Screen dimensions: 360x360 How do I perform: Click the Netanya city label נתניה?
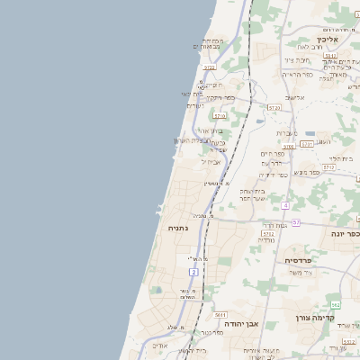pyautogui.click(x=178, y=228)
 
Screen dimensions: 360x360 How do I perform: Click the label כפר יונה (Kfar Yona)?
pyautogui.click(x=346, y=233)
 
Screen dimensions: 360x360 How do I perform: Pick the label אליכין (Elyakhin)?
pyautogui.click(x=327, y=40)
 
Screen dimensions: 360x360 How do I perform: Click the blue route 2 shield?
pyautogui.click(x=193, y=272)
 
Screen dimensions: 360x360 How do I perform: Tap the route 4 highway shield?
pyautogui.click(x=285, y=205)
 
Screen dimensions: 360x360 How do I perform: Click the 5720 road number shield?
pyautogui.click(x=209, y=67)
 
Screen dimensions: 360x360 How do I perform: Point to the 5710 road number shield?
pyautogui.click(x=220, y=116)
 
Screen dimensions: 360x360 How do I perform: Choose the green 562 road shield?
pyautogui.click(x=335, y=306)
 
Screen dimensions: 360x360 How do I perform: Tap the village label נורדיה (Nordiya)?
pyautogui.click(x=265, y=240)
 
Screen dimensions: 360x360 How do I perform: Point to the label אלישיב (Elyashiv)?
pyautogui.click(x=294, y=97)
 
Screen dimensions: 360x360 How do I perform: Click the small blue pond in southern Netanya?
pyautogui.click(x=157, y=290)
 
